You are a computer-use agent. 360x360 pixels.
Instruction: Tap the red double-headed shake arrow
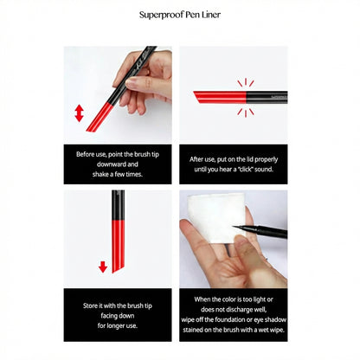coord(79,113)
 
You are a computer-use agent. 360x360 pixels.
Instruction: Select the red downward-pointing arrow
coord(103,267)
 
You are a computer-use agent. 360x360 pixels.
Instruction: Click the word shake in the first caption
coord(100,174)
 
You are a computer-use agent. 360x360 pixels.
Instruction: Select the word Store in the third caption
coord(90,305)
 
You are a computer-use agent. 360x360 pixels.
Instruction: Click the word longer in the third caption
coord(117,325)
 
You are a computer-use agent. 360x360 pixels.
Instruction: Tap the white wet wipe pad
coord(215,218)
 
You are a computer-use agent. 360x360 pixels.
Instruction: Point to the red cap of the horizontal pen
coord(220,97)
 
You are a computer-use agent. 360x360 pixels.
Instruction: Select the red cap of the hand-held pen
coord(100,117)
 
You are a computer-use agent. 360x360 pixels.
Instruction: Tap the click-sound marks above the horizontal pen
coord(246,82)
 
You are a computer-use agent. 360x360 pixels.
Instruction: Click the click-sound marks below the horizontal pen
coord(246,112)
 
